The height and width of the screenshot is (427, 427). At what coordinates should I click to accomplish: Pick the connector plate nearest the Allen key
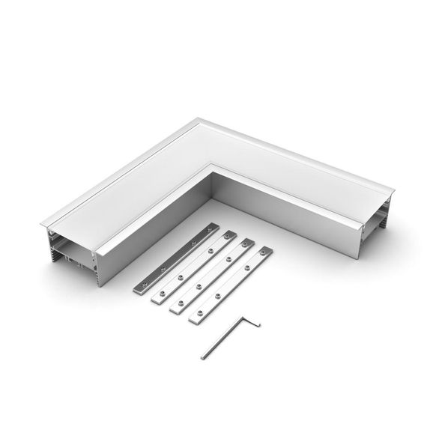[x=229, y=288]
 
